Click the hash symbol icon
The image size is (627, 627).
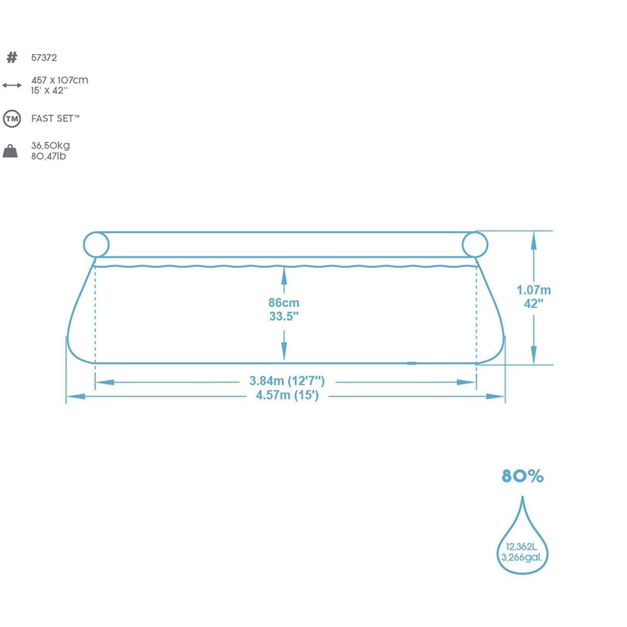tap(12, 57)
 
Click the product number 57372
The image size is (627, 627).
tap(44, 58)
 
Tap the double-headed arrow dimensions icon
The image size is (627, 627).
tap(12, 85)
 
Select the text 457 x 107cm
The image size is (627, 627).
tap(60, 80)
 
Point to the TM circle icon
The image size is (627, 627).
tap(12, 119)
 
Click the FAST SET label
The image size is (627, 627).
tap(55, 119)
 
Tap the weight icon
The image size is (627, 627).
tap(10, 151)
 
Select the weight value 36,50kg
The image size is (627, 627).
tap(51, 145)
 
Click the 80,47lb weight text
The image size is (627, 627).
tap(48, 156)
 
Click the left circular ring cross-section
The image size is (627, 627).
tap(96, 245)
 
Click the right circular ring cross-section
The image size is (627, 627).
tap(475, 245)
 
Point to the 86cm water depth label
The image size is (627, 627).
tap(284, 303)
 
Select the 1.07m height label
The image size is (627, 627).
tap(533, 290)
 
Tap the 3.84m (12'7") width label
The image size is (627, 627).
tap(287, 381)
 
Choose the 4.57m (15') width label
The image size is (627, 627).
tap(287, 395)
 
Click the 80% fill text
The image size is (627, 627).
tap(522, 476)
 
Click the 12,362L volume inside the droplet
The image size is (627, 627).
tap(521, 547)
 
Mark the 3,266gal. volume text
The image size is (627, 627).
tap(521, 557)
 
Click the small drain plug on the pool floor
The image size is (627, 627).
tap(412, 363)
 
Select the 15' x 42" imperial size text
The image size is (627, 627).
tap(49, 91)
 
